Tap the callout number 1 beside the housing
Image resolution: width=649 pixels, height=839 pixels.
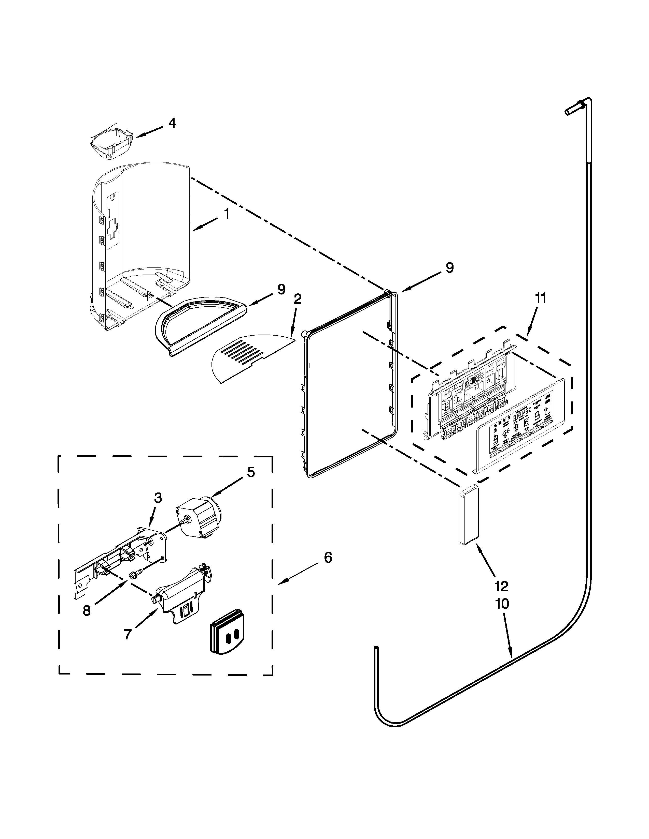click(227, 214)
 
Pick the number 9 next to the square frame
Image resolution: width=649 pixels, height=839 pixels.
click(449, 268)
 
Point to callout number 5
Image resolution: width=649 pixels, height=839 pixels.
click(251, 472)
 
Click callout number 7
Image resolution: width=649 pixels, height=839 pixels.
click(128, 635)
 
